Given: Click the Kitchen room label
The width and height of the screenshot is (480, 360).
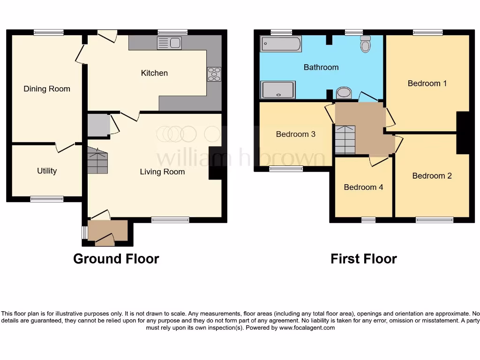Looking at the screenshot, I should (x=154, y=73).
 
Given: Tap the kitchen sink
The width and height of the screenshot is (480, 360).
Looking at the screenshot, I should (x=169, y=44).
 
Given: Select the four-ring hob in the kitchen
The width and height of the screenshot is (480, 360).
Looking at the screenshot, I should (x=214, y=75).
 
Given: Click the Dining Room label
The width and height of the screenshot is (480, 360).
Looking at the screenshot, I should (x=47, y=89).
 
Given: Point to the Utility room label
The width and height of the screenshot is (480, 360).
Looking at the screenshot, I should (x=47, y=171).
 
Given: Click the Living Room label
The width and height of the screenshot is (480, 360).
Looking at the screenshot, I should (x=162, y=172).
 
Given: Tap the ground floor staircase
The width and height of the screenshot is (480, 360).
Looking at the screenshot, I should (x=97, y=161).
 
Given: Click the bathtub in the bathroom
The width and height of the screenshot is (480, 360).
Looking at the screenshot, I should (x=281, y=44).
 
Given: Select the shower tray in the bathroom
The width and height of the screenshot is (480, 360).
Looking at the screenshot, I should (x=278, y=90).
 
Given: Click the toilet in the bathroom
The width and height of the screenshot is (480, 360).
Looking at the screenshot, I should (x=366, y=45).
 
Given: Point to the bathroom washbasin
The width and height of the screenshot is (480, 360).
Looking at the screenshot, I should (x=344, y=93).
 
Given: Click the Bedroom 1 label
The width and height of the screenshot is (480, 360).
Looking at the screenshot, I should (x=427, y=83).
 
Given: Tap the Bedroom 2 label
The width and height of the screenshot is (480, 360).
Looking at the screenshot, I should (x=432, y=176).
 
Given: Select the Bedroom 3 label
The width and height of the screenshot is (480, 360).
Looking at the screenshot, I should (x=295, y=134).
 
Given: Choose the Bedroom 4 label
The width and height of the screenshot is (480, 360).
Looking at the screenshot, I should (x=363, y=187).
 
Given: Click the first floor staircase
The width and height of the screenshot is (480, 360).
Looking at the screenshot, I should (x=345, y=140).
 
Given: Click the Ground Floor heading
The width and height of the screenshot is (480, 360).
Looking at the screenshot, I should (x=116, y=259).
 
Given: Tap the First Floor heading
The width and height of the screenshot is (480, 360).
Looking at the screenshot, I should (x=363, y=259).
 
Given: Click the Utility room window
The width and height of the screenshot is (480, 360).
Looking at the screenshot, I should (x=47, y=199).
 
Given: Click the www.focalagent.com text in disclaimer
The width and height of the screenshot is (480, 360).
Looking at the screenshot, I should (x=307, y=328).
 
